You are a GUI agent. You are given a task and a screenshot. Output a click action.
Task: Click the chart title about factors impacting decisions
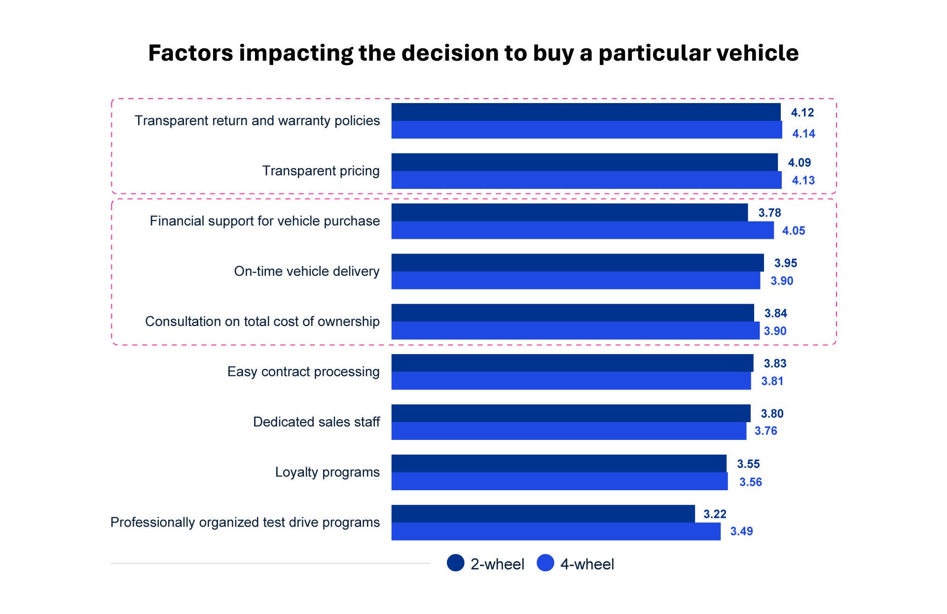[x=473, y=53]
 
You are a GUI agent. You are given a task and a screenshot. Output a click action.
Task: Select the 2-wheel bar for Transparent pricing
[x=584, y=162]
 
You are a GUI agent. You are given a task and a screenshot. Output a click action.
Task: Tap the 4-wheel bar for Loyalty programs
[x=559, y=481]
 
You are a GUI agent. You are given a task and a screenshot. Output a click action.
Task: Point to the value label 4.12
[x=802, y=112]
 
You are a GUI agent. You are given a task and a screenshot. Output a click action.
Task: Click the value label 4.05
[x=794, y=231]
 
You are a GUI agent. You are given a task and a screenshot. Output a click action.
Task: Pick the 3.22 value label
[x=715, y=514]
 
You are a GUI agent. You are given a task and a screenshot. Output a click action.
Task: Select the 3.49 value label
[x=741, y=531]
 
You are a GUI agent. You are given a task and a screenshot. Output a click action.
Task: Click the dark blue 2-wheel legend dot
[x=456, y=563]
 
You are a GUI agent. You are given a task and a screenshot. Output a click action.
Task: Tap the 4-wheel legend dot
[x=546, y=563]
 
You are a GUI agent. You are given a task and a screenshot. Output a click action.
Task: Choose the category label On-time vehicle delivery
[x=307, y=271]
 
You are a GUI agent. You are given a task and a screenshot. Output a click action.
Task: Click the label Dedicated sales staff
[x=317, y=422]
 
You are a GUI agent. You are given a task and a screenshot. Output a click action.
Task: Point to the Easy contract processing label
[x=303, y=371]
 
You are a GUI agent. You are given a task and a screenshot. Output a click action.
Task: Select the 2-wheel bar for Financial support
[x=570, y=213]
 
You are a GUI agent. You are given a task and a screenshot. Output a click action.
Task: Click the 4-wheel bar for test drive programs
[x=556, y=532]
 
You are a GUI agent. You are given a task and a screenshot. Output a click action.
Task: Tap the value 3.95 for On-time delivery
[x=786, y=263]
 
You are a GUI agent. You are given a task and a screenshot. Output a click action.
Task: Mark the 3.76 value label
[x=766, y=431]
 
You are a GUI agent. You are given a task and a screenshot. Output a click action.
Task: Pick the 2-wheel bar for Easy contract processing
[x=573, y=363]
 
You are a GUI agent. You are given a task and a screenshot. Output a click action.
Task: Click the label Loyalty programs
[x=328, y=472]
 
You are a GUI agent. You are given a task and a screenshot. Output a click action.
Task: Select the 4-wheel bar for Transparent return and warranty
[x=587, y=130]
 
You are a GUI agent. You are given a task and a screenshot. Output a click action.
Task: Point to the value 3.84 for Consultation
[x=776, y=313]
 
